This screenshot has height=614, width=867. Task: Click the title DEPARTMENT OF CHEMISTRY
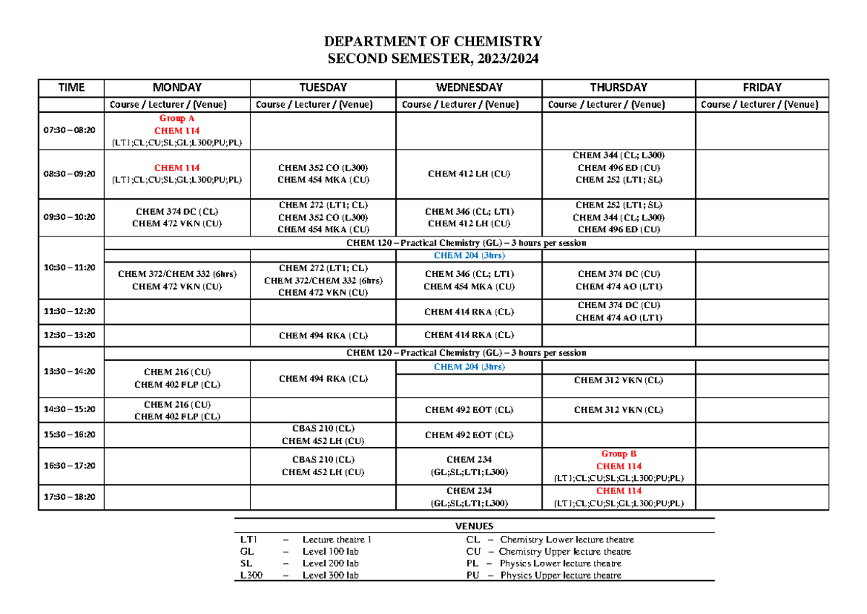click(433, 41)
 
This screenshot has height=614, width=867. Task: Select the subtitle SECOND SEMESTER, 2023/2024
click(433, 59)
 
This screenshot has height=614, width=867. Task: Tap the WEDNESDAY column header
click(468, 88)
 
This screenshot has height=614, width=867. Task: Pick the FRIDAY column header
click(762, 88)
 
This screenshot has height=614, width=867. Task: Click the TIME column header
click(72, 88)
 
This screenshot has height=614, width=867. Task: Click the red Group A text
click(177, 118)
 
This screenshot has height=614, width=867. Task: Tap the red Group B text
click(618, 454)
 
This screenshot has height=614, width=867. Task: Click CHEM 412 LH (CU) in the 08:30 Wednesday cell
click(469, 174)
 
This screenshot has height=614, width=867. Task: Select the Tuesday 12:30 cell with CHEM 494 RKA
click(323, 336)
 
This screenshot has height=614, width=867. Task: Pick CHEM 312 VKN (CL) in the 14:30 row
click(618, 410)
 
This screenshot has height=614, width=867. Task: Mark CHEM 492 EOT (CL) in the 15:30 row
click(469, 435)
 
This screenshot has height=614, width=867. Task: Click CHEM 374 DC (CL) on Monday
click(177, 211)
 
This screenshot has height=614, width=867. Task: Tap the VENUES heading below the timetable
click(475, 526)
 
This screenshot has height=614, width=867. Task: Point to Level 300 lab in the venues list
click(330, 576)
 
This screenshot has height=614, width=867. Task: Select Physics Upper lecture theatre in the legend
click(561, 576)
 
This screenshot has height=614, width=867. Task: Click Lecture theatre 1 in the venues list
click(337, 540)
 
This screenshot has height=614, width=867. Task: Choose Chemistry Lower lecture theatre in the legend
click(566, 540)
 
